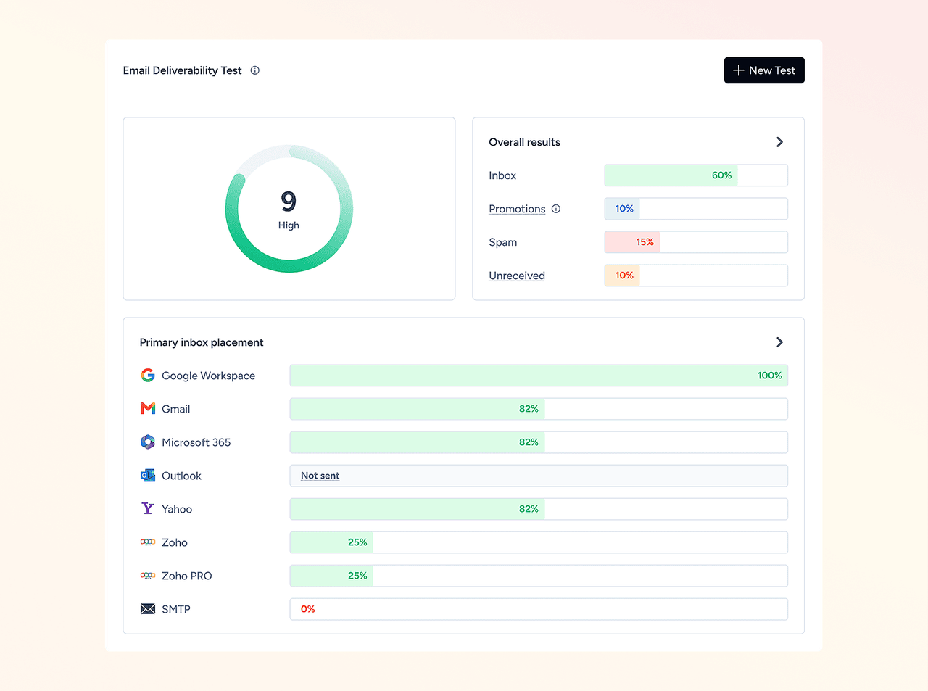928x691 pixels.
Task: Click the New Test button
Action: [764, 70]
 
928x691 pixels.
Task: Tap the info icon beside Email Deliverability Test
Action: [254, 70]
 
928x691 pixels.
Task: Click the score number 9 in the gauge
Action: [289, 202]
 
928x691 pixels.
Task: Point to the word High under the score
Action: [289, 225]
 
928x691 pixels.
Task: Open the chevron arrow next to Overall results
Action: [779, 142]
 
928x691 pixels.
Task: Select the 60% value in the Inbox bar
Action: [721, 175]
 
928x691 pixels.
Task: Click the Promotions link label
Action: [517, 208]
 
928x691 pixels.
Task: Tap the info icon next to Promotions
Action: [556, 208]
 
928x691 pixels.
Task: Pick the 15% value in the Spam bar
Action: [645, 242]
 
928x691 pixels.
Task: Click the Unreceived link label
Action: [517, 276]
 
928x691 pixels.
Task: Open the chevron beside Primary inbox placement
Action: [779, 342]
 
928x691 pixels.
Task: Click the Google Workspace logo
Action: [148, 375]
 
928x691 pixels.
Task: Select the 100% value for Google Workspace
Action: [769, 376]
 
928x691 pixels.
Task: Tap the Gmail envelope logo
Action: [148, 408]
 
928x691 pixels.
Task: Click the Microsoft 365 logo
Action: [148, 442]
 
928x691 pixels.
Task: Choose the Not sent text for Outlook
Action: [320, 476]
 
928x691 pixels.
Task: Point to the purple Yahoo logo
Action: [148, 508]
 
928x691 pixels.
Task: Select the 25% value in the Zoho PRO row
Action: [357, 576]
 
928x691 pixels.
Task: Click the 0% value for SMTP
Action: [307, 609]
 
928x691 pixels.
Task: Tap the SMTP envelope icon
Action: [148, 609]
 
